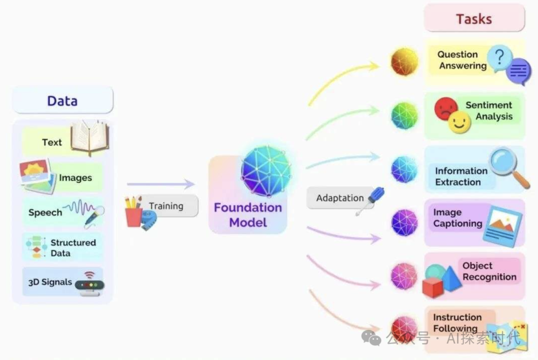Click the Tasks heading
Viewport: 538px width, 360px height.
[474, 19]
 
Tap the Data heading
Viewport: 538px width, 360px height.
[62, 101]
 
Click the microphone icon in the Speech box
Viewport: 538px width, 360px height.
[93, 218]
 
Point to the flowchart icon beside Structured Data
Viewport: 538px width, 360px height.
[35, 247]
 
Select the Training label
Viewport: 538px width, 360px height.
[166, 206]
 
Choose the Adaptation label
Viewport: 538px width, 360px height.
[340, 198]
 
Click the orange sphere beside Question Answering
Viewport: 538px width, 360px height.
[404, 62]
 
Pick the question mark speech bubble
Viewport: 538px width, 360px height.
[500, 59]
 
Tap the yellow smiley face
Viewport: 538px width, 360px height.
[459, 122]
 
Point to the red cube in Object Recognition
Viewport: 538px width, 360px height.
[432, 287]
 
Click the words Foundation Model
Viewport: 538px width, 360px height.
[248, 215]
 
